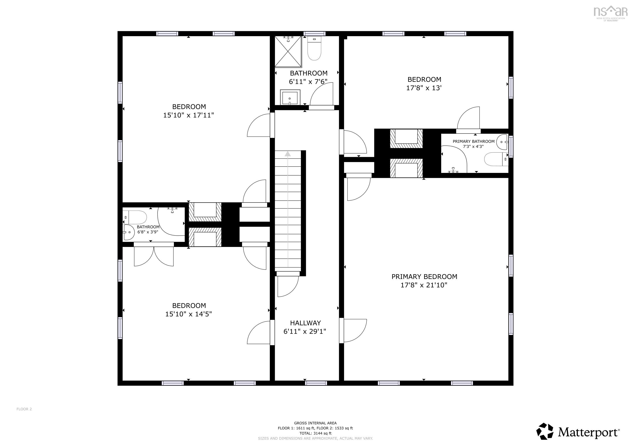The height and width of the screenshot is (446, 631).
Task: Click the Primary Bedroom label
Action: [424, 277]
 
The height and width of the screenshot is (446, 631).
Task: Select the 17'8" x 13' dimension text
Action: [424, 88]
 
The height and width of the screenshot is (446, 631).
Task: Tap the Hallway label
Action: [305, 323]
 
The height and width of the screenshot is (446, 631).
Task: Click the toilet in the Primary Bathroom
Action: [495, 159]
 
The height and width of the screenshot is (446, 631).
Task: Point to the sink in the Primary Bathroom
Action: [503, 142]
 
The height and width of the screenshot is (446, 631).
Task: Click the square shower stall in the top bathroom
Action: [288, 52]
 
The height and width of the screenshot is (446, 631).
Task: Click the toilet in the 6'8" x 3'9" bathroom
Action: [136, 217]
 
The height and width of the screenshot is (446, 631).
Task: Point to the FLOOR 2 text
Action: [24, 409]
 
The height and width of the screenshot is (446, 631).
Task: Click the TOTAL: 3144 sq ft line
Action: [315, 433]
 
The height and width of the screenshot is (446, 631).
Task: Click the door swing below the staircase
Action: [287, 287]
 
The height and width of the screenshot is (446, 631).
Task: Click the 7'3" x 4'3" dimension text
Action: [473, 147]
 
